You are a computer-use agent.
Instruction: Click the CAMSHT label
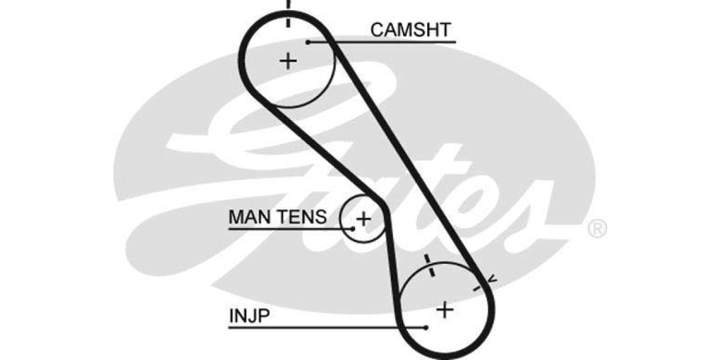click(410, 29)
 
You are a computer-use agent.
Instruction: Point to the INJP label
click(248, 316)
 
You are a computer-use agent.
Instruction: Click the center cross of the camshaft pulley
click(289, 61)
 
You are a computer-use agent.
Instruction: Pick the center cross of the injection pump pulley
click(445, 310)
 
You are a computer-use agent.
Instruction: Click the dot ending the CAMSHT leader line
click(308, 42)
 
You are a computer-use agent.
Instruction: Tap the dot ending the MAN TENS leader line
click(353, 229)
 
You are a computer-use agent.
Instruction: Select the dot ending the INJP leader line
click(425, 328)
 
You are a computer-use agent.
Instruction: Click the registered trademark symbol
click(597, 229)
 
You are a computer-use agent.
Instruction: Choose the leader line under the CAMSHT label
click(384, 42)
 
